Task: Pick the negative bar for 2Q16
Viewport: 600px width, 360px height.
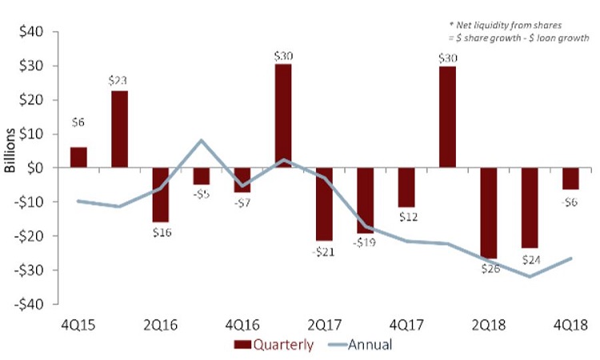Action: [x=160, y=194]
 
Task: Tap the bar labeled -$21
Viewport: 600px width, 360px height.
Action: [x=324, y=204]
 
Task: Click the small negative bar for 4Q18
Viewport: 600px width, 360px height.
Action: [x=570, y=178]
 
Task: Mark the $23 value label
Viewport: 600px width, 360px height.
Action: [x=119, y=81]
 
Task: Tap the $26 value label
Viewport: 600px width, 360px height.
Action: [x=487, y=268]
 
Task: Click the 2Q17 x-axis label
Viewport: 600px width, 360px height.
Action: [x=324, y=326]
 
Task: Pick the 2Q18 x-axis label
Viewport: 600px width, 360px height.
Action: [x=487, y=326]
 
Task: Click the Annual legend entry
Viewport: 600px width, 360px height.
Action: [x=354, y=346]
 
